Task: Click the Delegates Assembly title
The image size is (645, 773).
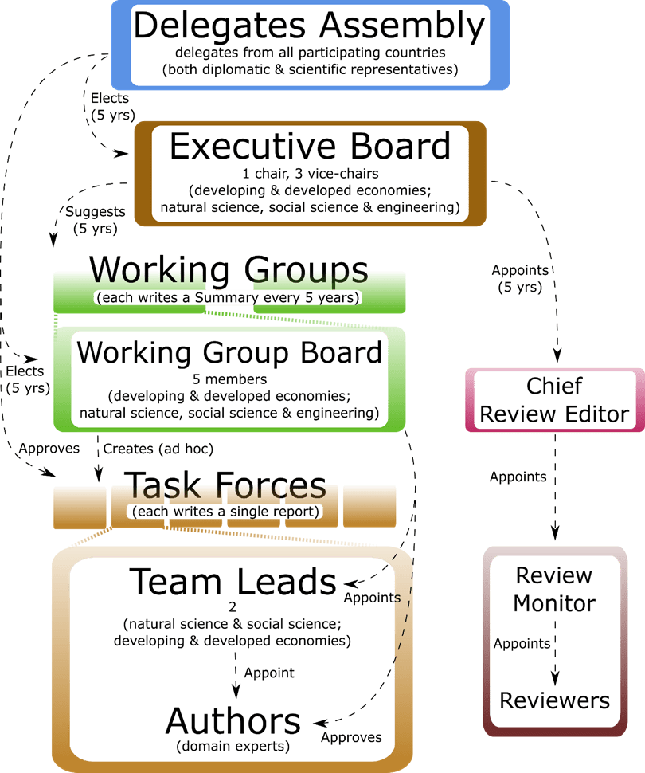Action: click(309, 26)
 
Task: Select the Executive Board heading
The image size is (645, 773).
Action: click(310, 147)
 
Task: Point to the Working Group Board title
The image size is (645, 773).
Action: click(229, 352)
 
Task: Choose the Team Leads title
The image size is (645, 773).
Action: click(233, 582)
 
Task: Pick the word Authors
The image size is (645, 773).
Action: click(233, 721)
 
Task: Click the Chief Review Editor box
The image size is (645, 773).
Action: click(554, 400)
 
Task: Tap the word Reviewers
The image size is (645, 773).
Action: click(554, 700)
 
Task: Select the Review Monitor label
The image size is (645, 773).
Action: click(554, 589)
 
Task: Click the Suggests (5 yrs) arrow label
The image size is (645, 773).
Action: click(95, 220)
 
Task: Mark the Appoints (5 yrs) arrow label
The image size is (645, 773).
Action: click(519, 278)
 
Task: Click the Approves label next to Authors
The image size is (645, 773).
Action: click(351, 737)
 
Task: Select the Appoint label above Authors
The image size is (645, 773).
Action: click(269, 673)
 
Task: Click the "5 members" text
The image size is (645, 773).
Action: click(229, 380)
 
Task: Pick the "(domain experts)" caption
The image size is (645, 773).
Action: click(233, 747)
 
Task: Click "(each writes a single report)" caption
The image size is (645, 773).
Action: click(225, 511)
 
